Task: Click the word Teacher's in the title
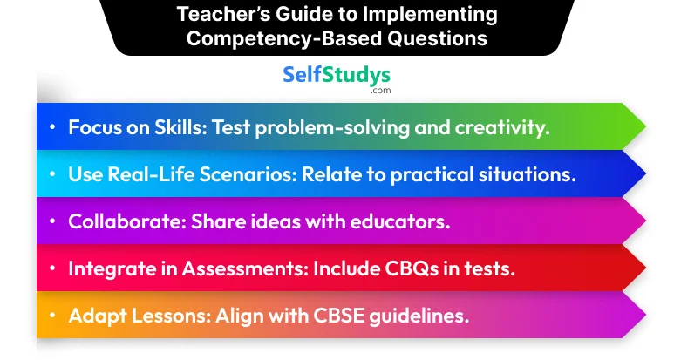click(x=222, y=14)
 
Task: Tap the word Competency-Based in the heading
click(x=284, y=38)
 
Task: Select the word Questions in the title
click(x=437, y=38)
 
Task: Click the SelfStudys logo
click(x=337, y=76)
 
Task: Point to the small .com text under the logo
click(x=381, y=90)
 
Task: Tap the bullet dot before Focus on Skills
click(x=52, y=127)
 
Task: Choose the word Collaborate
click(x=127, y=221)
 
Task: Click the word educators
click(x=399, y=221)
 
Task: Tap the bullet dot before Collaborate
click(x=52, y=221)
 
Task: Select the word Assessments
click(x=245, y=268)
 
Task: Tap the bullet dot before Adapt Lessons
click(x=52, y=316)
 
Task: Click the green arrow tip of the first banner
click(x=644, y=126)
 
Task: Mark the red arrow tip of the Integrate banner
click(x=644, y=268)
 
